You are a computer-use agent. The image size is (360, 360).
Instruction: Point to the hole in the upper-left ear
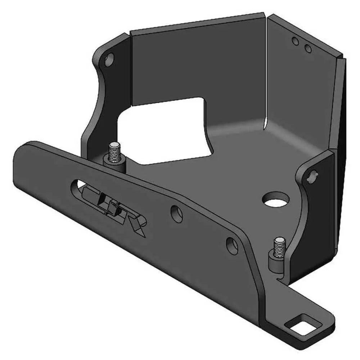pyautogui.click(x=109, y=57)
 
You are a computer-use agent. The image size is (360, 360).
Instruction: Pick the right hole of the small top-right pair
pyautogui.click(x=307, y=48)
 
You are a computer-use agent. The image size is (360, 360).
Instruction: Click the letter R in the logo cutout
pyautogui.click(x=137, y=225)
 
